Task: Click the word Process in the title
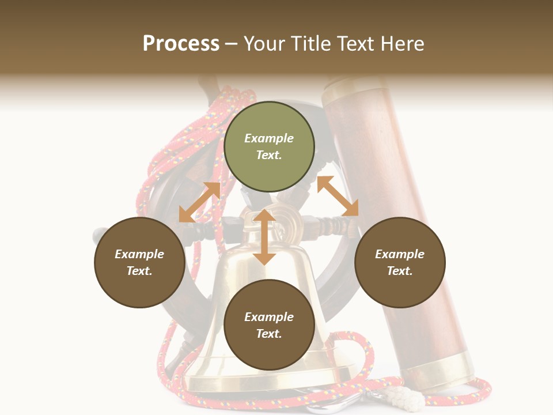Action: [x=181, y=44]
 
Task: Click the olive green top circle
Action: [x=269, y=147]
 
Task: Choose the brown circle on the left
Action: [x=139, y=262]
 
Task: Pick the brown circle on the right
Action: [x=399, y=262]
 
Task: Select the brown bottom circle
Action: [x=269, y=325]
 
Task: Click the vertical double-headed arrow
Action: [x=264, y=237]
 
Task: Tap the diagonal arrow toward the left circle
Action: [x=199, y=202]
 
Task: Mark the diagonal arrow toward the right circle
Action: [x=338, y=196]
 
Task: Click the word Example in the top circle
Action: [x=269, y=138]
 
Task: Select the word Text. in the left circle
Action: [x=139, y=271]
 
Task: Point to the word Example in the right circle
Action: [x=399, y=254]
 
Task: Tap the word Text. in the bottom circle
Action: [x=269, y=334]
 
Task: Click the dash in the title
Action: [x=232, y=44]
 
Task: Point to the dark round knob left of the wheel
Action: [x=100, y=235]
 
